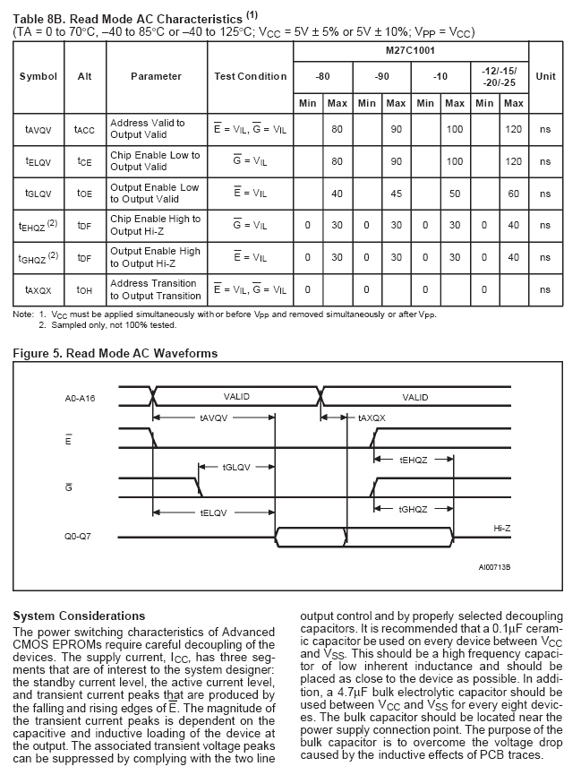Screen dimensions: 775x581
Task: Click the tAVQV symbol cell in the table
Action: [x=38, y=129]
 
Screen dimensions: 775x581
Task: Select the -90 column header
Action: [x=381, y=76]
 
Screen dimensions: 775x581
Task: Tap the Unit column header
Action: [x=545, y=76]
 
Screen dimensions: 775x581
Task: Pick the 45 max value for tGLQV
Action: [x=396, y=194]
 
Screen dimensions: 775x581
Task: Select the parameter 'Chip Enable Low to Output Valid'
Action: [x=155, y=161]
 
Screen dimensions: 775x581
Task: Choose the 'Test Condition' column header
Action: [x=251, y=76]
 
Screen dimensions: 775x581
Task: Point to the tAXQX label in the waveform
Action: [x=372, y=418]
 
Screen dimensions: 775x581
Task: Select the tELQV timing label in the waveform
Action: [x=216, y=513]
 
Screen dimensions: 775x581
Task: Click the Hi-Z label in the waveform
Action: [x=502, y=530]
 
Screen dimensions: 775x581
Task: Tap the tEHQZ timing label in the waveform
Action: [x=413, y=459]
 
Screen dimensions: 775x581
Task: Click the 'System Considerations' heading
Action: [x=80, y=616]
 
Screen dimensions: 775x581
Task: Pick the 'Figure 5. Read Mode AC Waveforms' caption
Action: [x=115, y=353]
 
